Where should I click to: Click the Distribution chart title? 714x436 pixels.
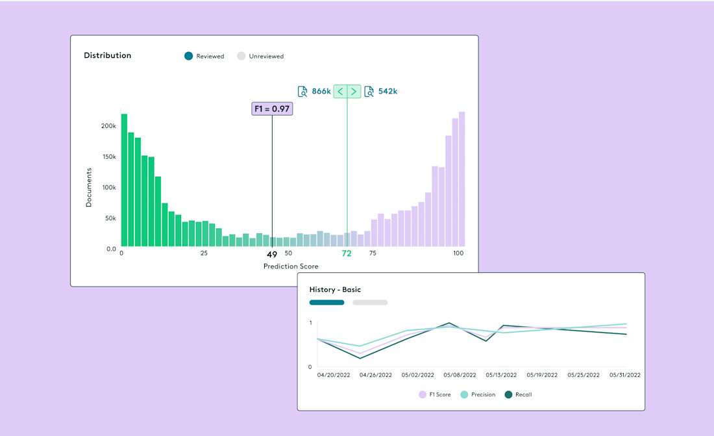(107, 55)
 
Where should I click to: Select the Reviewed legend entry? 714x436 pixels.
(204, 57)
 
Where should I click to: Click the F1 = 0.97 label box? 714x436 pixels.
(272, 109)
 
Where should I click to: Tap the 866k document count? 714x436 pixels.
(321, 92)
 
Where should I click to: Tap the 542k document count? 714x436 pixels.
(387, 92)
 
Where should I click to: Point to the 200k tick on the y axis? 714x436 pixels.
(108, 126)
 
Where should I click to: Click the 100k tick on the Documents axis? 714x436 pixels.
(108, 188)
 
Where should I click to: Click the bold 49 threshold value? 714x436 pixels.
(272, 254)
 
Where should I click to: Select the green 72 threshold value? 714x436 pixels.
(347, 254)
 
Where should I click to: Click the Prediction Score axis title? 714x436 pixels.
(291, 266)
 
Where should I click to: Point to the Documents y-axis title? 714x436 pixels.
(89, 188)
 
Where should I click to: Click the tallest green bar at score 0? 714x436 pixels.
(124, 182)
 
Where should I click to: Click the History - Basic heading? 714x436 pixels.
(335, 289)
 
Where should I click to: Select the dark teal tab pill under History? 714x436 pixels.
(326, 302)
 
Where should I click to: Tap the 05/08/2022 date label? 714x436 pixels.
(460, 375)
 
